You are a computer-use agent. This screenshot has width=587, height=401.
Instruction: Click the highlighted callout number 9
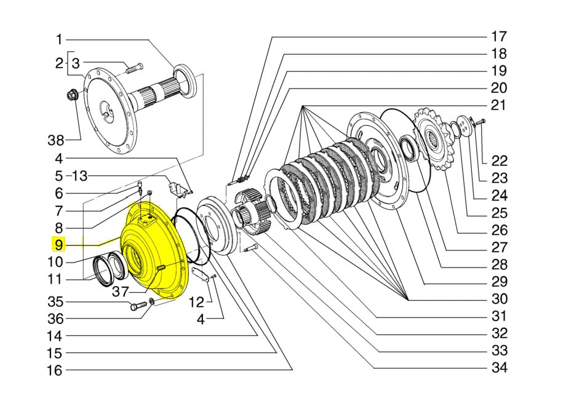(59, 245)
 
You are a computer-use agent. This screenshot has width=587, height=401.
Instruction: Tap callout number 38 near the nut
(56, 141)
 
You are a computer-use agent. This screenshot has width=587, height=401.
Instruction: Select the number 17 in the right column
(498, 37)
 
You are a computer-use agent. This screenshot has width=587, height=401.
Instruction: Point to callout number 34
(499, 368)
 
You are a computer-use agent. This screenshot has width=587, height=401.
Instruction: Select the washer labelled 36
(151, 301)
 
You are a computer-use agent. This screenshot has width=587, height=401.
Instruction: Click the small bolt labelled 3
(133, 68)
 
